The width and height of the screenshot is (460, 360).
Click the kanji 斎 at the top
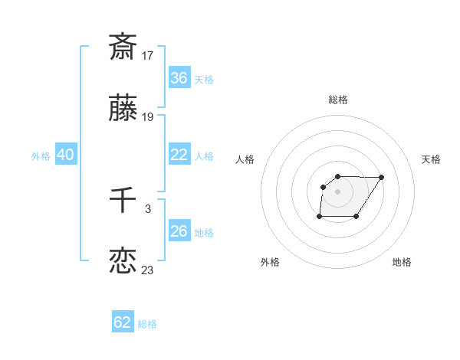tap(123, 47)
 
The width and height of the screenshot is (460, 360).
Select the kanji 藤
tap(123, 110)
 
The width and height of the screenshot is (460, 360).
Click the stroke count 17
tap(148, 56)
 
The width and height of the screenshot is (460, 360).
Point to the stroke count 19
tap(148, 118)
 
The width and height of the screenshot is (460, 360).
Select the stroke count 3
tap(148, 208)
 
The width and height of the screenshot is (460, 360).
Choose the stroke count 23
tap(148, 270)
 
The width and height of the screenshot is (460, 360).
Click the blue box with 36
tap(179, 78)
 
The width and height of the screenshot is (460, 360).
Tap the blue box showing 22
tap(179, 155)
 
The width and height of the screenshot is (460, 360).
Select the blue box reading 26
tap(179, 231)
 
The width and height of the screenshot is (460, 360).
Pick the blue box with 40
tap(66, 155)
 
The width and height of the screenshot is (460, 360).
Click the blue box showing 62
tap(123, 322)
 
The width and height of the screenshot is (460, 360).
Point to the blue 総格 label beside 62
tap(147, 324)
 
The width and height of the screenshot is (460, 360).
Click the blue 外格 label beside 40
tap(41, 156)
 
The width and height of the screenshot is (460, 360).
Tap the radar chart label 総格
tap(338, 100)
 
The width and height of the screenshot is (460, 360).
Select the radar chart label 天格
tap(431, 159)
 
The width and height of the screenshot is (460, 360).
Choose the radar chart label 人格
tap(245, 159)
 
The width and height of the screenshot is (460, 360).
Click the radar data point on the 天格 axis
tap(382, 177)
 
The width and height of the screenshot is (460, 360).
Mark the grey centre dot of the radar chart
tap(338, 191)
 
